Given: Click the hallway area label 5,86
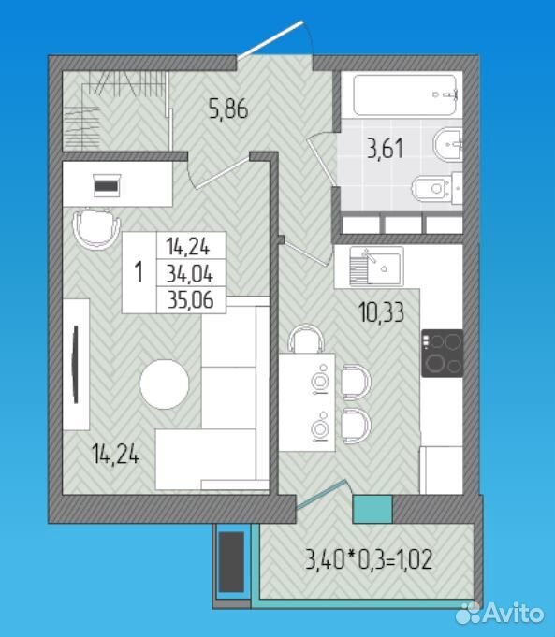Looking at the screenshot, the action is [228, 109].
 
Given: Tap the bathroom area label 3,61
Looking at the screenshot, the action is [385, 149].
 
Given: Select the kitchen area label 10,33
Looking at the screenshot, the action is [381, 312].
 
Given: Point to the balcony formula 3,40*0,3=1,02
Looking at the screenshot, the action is [369, 559].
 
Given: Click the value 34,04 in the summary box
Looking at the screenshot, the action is [190, 274].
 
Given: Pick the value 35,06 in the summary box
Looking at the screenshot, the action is [191, 300].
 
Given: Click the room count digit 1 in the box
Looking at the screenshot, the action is [139, 272].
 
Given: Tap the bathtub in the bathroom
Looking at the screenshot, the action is [405, 94].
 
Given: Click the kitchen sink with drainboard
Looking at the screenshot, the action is [376, 266].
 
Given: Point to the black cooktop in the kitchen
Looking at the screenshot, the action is [442, 354].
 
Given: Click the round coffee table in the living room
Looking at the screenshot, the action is [165, 384].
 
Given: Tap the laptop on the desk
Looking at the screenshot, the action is [107, 185].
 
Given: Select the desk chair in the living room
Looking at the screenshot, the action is [96, 229].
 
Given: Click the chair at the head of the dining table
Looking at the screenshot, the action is [306, 339].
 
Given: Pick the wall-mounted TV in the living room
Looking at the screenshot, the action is [76, 365].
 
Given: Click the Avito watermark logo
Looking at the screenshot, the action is [499, 613].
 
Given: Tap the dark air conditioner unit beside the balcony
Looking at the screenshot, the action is [231, 562].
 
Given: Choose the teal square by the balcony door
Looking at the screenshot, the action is [372, 509].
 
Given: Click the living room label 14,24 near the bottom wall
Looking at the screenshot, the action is [115, 454].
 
